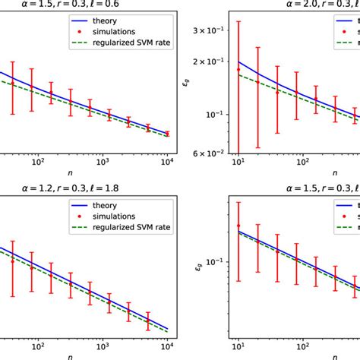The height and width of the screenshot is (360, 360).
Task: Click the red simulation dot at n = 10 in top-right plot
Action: coord(238,69)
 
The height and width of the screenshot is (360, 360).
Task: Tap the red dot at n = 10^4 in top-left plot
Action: coord(167,133)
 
